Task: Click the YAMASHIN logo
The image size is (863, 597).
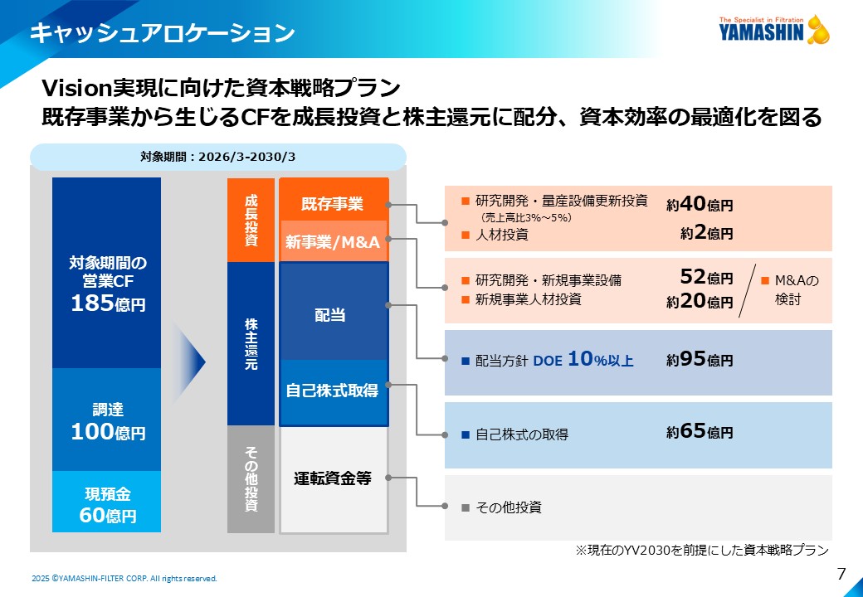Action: tap(774, 30)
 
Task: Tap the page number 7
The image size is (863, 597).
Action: tap(841, 574)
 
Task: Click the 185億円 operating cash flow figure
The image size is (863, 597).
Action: tap(108, 303)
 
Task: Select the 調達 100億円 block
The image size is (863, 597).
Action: tap(107, 420)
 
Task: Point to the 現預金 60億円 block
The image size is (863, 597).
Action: tap(107, 502)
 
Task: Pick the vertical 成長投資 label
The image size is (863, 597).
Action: tap(251, 220)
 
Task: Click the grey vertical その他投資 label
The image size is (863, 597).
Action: tap(251, 479)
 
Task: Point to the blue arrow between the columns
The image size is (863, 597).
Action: tap(189, 362)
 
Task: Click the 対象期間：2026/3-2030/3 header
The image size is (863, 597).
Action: tap(218, 158)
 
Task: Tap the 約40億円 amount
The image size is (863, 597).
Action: tap(700, 205)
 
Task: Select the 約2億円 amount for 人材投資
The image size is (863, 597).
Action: tap(707, 233)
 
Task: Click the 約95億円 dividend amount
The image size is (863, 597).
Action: tap(700, 360)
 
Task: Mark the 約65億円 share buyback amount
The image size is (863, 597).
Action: tap(700, 431)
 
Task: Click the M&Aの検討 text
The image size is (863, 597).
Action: tap(791, 289)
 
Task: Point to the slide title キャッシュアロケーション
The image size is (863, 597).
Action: tap(163, 33)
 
